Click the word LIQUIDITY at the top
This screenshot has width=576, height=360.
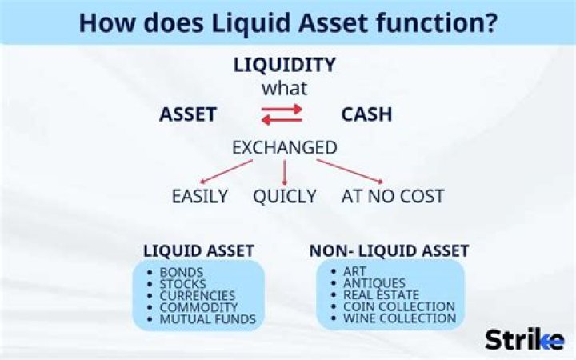point(284,65)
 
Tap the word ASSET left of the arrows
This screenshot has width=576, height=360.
point(188,114)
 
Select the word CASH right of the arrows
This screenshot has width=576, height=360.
point(366,114)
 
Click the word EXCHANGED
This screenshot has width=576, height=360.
point(284,148)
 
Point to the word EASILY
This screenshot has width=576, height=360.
point(199,196)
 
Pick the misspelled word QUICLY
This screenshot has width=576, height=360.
point(285,196)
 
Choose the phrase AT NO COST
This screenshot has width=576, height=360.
point(392,196)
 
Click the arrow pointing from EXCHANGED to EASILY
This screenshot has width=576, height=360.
point(226,171)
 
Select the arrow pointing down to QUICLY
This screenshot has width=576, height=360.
point(284,172)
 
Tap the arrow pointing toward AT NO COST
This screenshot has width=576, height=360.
point(349,171)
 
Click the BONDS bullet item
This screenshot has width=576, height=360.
point(182,272)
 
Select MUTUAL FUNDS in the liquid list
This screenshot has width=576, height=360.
point(207,318)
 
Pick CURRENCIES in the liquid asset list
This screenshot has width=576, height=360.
point(198,295)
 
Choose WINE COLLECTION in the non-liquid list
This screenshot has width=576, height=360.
point(399,318)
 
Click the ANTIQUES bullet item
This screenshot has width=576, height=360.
point(374,283)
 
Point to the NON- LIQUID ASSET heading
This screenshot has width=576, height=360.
point(389,250)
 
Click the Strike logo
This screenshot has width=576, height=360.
point(523,338)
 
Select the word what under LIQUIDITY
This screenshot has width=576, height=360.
point(284,88)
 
